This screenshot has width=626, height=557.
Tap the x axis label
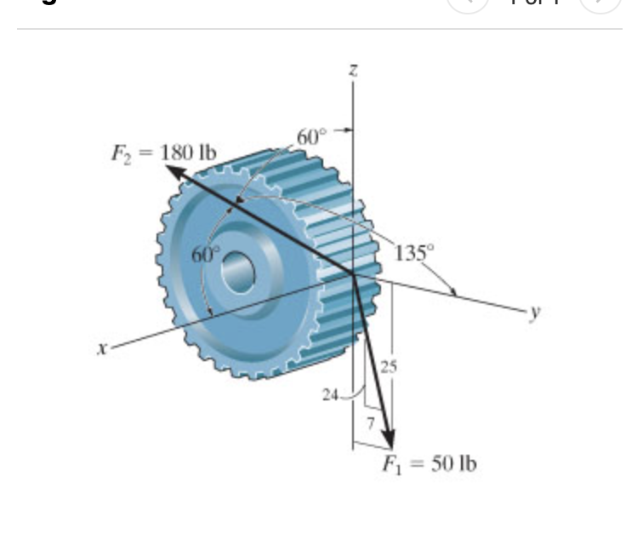pos(102,347)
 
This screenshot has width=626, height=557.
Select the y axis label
pos(533,313)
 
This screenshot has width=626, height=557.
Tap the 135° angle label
pos(415,252)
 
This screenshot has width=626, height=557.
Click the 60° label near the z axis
pos(311,135)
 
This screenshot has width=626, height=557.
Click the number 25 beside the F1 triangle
pos(388,368)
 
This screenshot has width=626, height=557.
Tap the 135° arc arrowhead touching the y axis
pos(453,293)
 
